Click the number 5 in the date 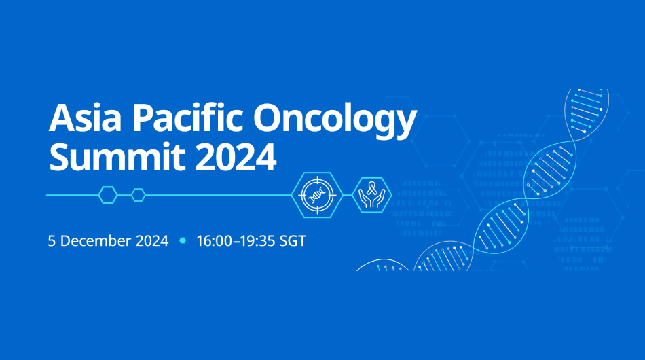pos(52,241)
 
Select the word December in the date pos(94,241)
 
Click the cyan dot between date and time pos(182,241)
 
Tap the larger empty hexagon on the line pos(108,195)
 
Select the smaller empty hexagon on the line pos(139,195)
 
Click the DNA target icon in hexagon pos(316,195)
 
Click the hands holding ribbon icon pos(371,195)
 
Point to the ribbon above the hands pos(371,188)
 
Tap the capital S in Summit pos(60,158)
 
